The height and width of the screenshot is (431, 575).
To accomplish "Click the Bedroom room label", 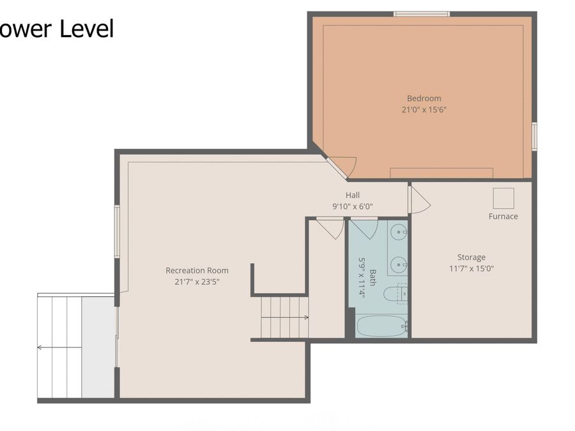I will tap(424, 98).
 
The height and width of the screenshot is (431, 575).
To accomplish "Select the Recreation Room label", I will tap(197, 270).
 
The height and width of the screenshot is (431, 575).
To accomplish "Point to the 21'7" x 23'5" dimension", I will tap(196, 282).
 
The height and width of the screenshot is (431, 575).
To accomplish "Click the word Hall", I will tap(353, 195).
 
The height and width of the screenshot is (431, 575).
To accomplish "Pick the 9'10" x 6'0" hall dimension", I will tap(352, 206).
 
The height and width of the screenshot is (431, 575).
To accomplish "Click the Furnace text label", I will tap(503, 216).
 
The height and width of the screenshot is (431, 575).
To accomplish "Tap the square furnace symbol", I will tap(503, 197).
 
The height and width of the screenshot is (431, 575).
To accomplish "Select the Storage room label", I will tap(471, 257).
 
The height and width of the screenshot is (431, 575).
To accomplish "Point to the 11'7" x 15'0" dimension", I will tap(471, 268).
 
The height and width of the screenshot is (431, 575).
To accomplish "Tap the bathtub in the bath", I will tap(381, 326).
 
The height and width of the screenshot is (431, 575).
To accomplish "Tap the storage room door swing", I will tap(419, 200).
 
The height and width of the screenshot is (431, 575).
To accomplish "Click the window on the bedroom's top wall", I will tap(421, 13).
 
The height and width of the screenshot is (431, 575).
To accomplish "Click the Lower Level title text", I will tap(57, 29).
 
